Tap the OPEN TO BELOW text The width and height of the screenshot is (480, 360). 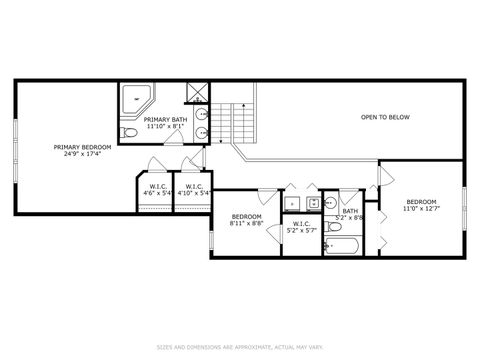pos(385,117)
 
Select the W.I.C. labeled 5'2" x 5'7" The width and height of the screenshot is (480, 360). pos(301,226)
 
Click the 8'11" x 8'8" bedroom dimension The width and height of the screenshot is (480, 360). pos(246,224)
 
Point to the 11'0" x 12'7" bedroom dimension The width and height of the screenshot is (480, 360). pos(421,208)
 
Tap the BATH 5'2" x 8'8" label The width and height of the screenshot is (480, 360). pos(350,213)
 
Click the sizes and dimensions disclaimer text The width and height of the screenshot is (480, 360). pos(240,348)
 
